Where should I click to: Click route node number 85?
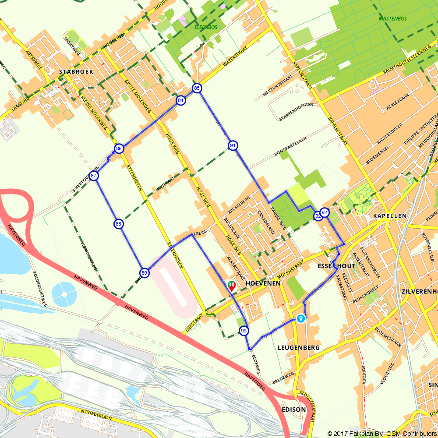(197, 88)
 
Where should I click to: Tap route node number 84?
(180, 101)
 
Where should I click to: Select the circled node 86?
(119, 149)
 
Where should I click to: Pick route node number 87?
(93, 176)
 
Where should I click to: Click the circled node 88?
(118, 224)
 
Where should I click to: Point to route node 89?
(145, 273)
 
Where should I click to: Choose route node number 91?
(233, 145)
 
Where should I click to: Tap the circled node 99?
(244, 331)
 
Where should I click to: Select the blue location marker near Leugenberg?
(300, 318)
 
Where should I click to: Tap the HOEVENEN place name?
(263, 283)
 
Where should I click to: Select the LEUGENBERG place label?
(299, 348)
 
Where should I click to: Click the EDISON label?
(291, 410)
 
